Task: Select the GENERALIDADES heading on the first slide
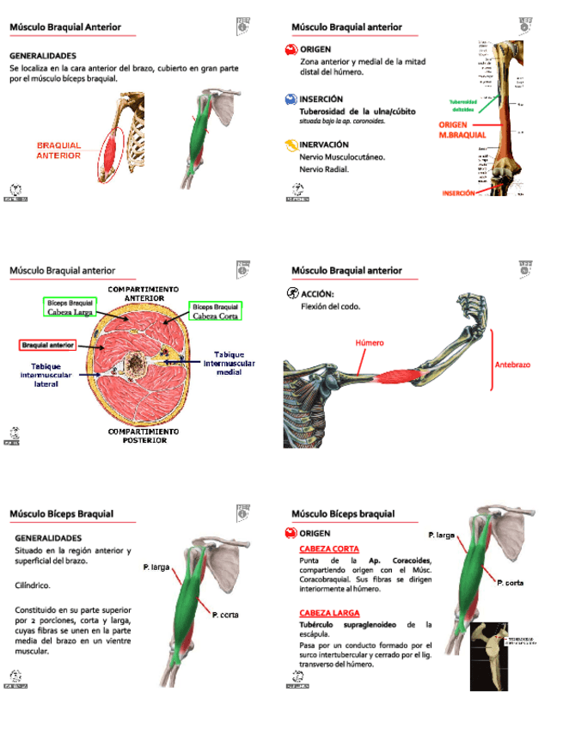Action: click(43, 56)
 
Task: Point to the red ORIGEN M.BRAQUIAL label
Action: click(462, 130)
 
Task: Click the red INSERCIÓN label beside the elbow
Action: click(458, 193)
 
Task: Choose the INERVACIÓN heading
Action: click(324, 145)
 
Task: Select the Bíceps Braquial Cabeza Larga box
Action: click(70, 308)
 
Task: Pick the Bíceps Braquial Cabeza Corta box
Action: click(215, 310)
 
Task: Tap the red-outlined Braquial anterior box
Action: click(48, 345)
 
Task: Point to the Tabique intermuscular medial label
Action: click(229, 363)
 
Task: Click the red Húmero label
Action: click(370, 342)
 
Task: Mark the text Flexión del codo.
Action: click(331, 306)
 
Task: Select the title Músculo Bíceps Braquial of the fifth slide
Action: click(62, 514)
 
